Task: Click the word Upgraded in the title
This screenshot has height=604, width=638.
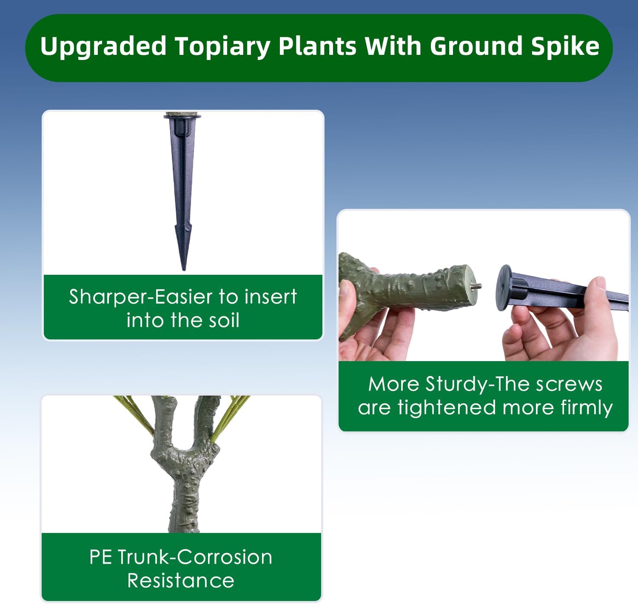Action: click(x=103, y=47)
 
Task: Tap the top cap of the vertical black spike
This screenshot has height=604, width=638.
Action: click(x=182, y=116)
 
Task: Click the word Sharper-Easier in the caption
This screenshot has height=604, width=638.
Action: click(x=140, y=297)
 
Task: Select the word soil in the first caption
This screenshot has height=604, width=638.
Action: click(x=222, y=320)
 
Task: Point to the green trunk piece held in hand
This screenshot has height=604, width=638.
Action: click(x=408, y=285)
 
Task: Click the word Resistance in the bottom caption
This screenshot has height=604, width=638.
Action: click(x=181, y=581)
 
